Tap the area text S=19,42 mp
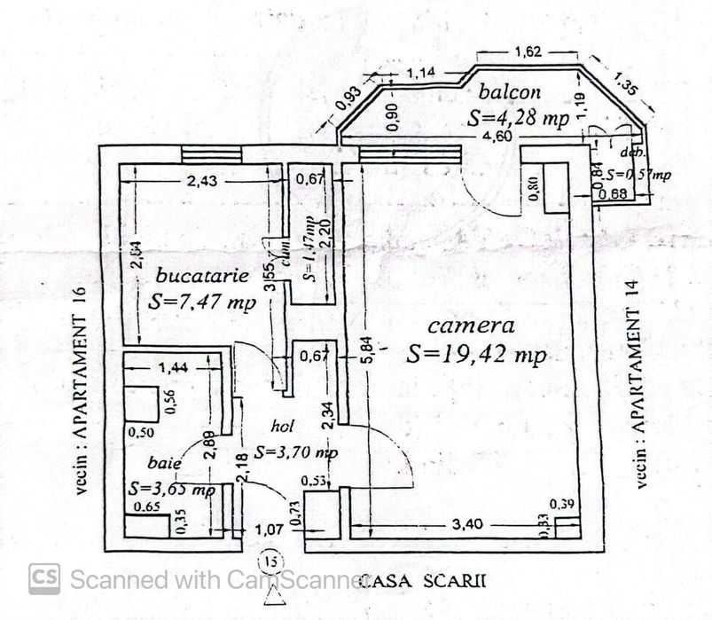[476, 355]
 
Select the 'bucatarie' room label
[199, 275]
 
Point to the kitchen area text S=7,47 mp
[203, 302]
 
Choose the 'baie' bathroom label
[166, 462]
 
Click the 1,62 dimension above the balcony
[529, 53]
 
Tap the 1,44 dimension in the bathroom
[174, 365]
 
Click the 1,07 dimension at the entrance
[269, 530]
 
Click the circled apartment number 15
[270, 562]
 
